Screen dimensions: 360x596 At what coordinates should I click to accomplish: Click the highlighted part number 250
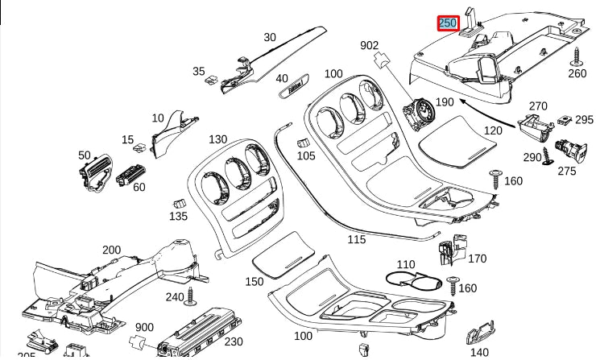(448, 23)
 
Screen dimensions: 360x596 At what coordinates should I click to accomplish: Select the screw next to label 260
(577, 56)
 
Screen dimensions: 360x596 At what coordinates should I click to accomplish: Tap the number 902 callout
(369, 45)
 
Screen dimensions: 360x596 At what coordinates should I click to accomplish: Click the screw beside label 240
(191, 296)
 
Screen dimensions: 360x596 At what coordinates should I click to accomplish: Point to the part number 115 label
(356, 239)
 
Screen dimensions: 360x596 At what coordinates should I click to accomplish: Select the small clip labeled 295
(567, 121)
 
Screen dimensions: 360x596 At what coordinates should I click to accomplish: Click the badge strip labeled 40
(300, 89)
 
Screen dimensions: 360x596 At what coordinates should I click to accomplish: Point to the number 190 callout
(444, 102)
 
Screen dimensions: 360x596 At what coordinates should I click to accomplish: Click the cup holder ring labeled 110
(414, 280)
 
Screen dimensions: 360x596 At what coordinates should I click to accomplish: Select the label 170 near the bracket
(477, 259)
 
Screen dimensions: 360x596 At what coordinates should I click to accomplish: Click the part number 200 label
(111, 250)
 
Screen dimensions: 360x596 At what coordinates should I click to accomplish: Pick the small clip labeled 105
(304, 142)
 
